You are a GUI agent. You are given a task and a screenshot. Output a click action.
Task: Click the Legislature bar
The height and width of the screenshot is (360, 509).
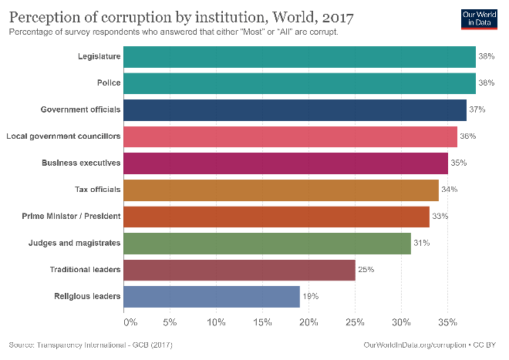tap(299, 56)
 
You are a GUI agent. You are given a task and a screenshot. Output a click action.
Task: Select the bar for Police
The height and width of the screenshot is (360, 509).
tap(299, 83)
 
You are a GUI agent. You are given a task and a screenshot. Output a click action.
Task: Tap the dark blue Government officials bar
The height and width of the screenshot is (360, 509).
tap(295, 109)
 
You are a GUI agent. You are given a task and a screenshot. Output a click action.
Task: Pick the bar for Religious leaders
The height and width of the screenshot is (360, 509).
tap(211, 296)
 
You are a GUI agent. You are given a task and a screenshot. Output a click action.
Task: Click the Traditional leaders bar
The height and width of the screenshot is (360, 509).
tap(239, 270)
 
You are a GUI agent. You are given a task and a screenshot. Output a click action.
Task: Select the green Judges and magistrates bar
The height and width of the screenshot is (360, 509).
tap(267, 243)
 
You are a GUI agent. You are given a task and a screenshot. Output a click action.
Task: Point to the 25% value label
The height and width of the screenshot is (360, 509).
tap(366, 270)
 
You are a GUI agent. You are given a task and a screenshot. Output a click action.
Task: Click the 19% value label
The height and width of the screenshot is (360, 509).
tap(310, 296)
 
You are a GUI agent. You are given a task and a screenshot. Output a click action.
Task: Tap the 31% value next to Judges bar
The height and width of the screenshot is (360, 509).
tap(421, 243)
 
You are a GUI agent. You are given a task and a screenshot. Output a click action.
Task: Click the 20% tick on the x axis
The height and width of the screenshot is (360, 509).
tap(308, 321)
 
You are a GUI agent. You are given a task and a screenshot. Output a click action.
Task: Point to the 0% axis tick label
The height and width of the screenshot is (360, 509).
tap(130, 321)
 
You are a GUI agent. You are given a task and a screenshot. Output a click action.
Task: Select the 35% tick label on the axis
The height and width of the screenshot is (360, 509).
tap(447, 321)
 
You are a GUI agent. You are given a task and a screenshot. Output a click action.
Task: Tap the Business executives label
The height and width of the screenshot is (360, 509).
tap(81, 163)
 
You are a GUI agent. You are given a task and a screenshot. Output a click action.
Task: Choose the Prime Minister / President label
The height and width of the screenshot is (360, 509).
tap(71, 216)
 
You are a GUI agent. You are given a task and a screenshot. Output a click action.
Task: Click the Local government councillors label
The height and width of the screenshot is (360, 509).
tap(63, 136)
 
